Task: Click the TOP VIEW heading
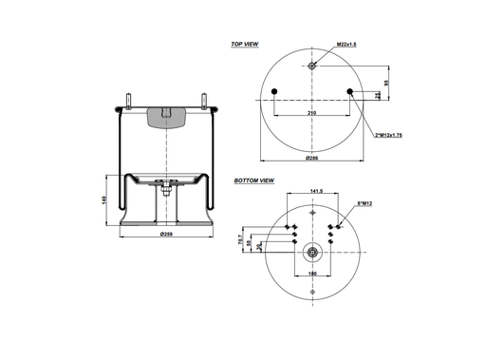click(x=245, y=44)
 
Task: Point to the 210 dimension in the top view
click(x=312, y=112)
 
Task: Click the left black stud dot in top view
click(x=274, y=92)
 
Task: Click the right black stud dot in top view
click(x=350, y=92)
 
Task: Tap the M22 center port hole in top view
click(x=312, y=65)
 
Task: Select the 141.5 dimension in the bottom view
click(x=312, y=191)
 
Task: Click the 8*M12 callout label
click(x=364, y=202)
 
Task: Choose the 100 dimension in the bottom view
click(x=312, y=275)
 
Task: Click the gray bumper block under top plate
click(x=165, y=117)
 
